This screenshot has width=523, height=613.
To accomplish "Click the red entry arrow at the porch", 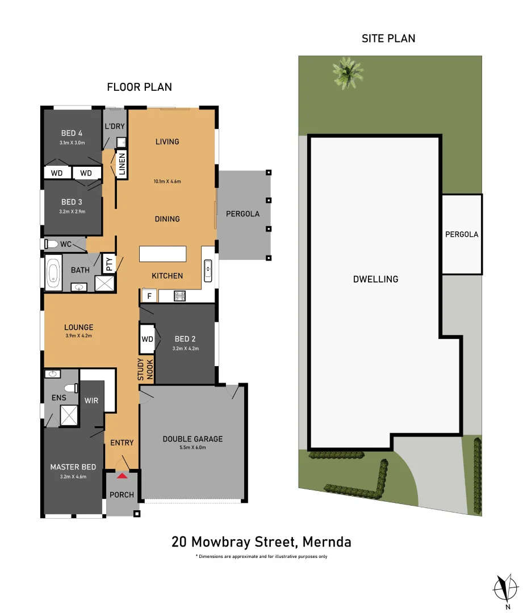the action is tap(122, 476).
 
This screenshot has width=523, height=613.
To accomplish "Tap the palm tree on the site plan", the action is tap(348, 73).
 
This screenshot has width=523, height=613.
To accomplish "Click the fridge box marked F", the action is tap(149, 296).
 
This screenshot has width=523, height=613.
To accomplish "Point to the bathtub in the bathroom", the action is tap(53, 272).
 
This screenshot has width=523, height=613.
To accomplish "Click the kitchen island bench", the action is tap(163, 254).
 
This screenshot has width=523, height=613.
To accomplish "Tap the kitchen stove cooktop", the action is tap(179, 296).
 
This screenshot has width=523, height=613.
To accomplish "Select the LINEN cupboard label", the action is tap(122, 164).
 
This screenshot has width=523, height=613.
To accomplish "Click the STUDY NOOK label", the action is tap(145, 370).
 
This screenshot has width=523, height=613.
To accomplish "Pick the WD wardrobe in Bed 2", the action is tap(147, 339).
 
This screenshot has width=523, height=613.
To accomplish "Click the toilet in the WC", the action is tap(51, 244).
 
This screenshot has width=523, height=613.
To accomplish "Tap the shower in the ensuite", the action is tap(69, 415).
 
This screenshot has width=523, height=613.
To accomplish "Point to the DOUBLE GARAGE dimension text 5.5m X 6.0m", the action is tap(193, 448).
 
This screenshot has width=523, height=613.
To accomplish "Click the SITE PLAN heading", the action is tap(388, 39).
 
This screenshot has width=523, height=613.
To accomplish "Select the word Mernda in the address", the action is tap(327, 542).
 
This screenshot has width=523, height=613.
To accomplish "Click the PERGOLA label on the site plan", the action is tap(462, 234).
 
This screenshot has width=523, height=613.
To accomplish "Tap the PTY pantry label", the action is tap(109, 264).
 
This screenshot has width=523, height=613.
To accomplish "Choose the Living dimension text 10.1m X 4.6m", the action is tap(167, 182).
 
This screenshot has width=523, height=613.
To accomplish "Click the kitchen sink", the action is tap(208, 271).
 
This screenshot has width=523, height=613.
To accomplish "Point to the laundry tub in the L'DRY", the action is tap(122, 142).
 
